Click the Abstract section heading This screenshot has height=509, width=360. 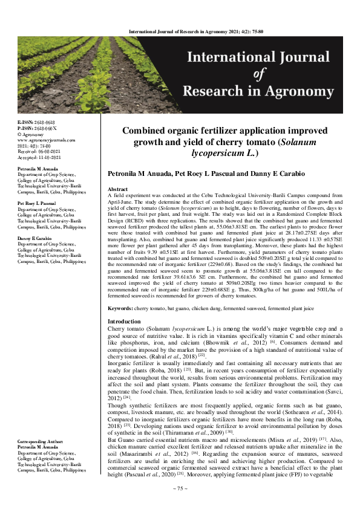click(117, 189)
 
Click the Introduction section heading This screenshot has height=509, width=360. click(124, 321)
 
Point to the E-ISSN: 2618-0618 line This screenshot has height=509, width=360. click(36, 122)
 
